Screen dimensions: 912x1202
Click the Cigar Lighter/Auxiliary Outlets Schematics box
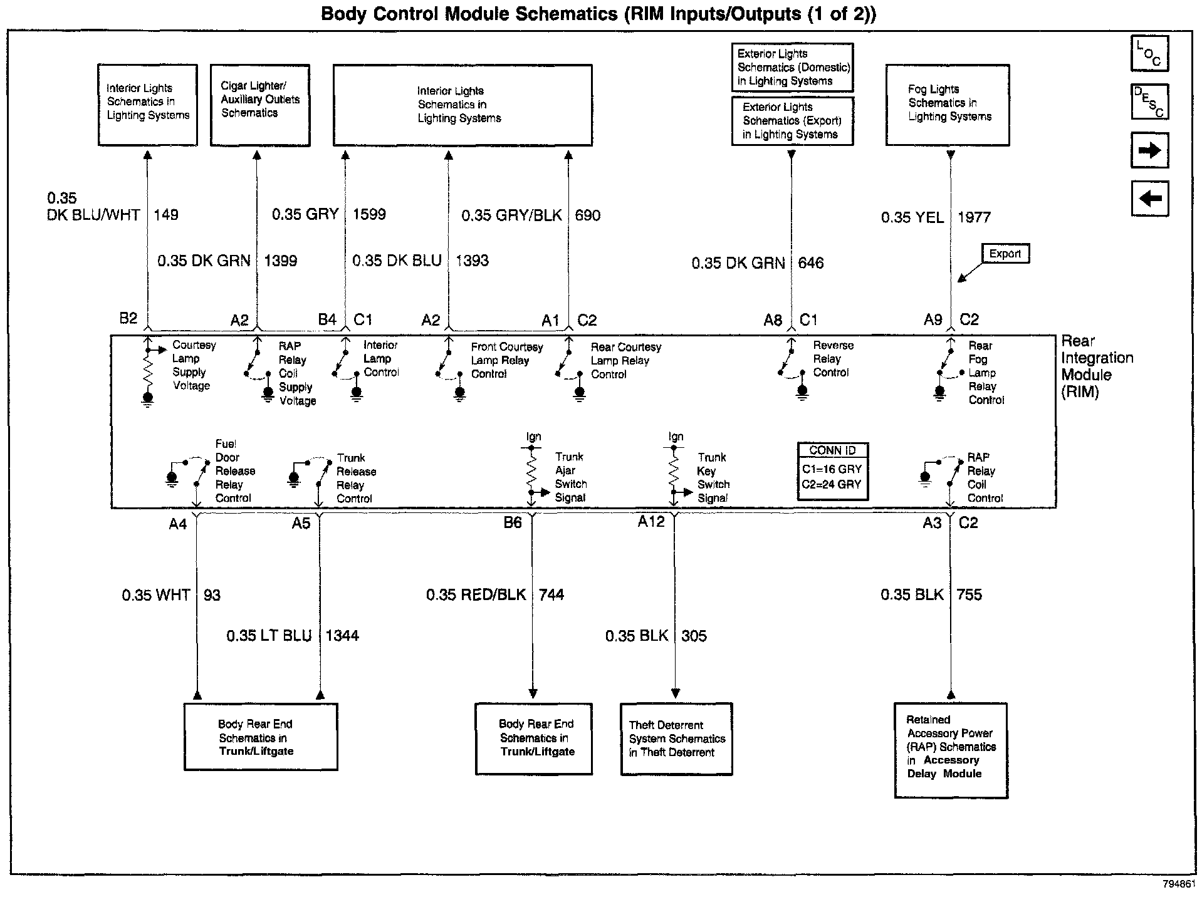click(x=260, y=105)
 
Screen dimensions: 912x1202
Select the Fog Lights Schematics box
click(x=947, y=105)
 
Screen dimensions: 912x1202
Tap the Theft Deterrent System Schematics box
click(x=676, y=739)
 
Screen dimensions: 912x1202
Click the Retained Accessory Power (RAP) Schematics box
click(x=951, y=750)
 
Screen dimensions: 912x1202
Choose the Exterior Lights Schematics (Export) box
click(x=792, y=121)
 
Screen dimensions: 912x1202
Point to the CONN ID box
click(x=832, y=472)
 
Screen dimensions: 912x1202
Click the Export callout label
click(x=1005, y=254)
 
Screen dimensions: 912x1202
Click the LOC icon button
click(x=1149, y=54)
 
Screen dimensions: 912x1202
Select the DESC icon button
click(x=1149, y=102)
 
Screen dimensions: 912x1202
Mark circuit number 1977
click(x=974, y=217)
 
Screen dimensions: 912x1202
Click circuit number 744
click(x=551, y=594)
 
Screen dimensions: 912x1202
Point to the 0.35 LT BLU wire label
click(x=269, y=636)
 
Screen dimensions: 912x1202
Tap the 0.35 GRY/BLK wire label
click(x=511, y=215)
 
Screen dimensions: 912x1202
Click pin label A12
click(x=651, y=521)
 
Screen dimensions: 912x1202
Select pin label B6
click(x=512, y=522)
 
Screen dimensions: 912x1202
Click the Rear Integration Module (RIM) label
click(x=1096, y=366)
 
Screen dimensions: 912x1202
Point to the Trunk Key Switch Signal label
click(x=713, y=478)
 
